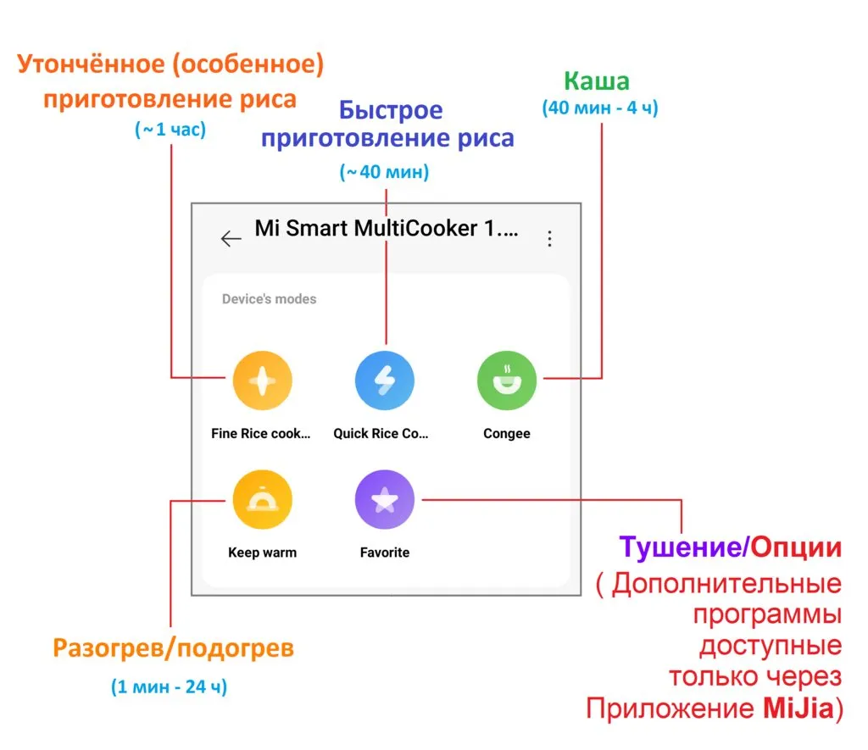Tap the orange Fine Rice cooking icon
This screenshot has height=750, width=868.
click(x=262, y=381)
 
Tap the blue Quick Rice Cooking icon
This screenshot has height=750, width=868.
click(x=385, y=381)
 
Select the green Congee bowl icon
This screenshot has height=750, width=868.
click(x=507, y=381)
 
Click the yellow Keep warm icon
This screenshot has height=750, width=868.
click(x=262, y=501)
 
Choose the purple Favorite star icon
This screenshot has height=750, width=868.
click(x=385, y=501)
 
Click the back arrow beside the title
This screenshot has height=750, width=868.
click(x=231, y=239)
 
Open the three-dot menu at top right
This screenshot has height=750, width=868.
click(x=549, y=239)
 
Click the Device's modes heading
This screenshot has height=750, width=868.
click(x=269, y=299)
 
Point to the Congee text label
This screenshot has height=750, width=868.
click(x=507, y=434)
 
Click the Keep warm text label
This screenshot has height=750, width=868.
click(x=262, y=553)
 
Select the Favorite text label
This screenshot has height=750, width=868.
click(x=385, y=553)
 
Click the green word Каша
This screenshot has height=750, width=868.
click(x=597, y=81)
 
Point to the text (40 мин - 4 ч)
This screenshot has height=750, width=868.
click(x=599, y=108)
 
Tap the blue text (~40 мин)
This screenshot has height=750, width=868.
click(x=385, y=172)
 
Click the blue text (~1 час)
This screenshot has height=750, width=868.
click(x=170, y=131)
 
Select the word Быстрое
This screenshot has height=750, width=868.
click(x=391, y=111)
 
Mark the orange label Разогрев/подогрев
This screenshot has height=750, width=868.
click(x=173, y=649)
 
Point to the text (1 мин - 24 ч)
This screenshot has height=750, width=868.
click(x=170, y=686)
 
